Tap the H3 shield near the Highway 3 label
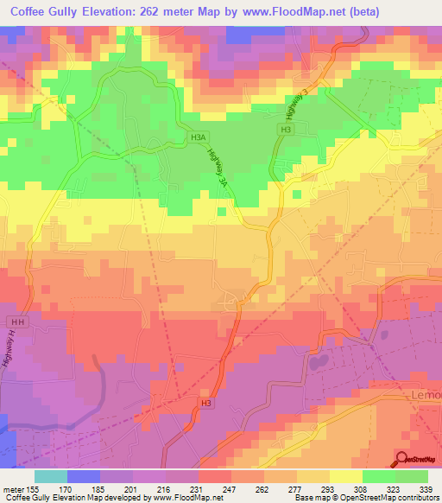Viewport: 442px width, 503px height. point(283,128)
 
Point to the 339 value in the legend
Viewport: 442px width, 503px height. point(426,488)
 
